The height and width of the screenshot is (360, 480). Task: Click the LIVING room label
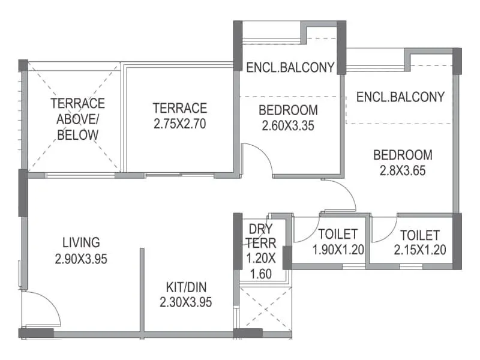(81, 242)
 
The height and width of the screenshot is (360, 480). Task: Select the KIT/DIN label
(186, 287)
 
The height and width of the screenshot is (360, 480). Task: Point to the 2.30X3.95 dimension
(186, 303)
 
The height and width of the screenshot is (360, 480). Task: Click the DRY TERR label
(260, 236)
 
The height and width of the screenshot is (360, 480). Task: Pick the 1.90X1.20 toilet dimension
(338, 250)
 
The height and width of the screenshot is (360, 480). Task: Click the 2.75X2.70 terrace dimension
(179, 126)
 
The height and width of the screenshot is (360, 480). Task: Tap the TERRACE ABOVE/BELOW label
(77, 119)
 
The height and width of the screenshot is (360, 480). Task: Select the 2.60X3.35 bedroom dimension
(288, 126)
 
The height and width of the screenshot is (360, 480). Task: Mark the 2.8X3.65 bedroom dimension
(403, 170)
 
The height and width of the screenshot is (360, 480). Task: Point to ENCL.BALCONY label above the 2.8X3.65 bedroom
(400, 97)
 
